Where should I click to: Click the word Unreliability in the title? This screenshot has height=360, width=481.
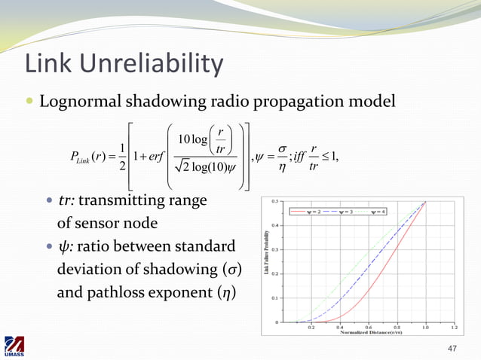click(x=153, y=65)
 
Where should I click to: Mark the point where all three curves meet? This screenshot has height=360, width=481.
click(x=425, y=202)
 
